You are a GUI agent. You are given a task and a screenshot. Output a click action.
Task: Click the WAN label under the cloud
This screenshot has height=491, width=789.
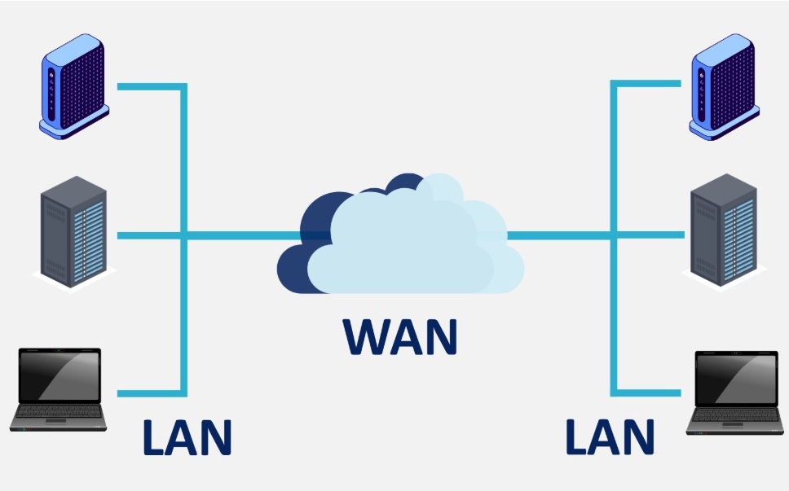[399, 336]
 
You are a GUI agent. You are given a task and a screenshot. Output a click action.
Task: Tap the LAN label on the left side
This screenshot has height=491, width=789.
[187, 437]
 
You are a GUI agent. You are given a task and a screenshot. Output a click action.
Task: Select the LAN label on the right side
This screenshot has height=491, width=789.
[610, 437]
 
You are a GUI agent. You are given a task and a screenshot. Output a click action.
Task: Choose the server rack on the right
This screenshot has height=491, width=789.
[724, 233]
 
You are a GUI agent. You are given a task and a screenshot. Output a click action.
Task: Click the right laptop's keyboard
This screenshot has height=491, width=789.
[736, 416]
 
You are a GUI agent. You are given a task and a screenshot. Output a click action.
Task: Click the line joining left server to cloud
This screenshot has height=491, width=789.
[236, 236]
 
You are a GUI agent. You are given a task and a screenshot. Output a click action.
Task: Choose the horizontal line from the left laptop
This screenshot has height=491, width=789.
[151, 393]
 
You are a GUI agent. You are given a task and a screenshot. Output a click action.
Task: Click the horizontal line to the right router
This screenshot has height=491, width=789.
[648, 83]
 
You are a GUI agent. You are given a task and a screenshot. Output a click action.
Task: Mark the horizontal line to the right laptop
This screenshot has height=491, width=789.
[648, 391]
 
